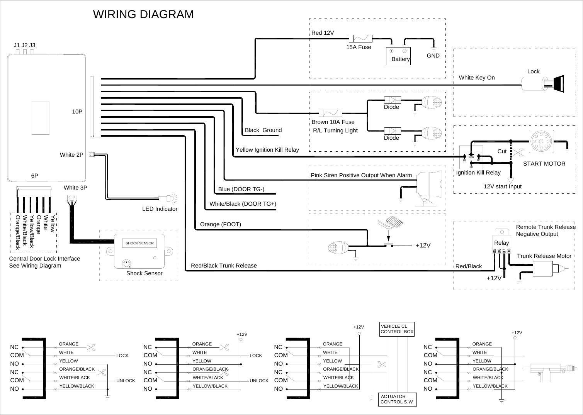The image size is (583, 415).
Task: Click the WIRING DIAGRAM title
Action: click(143, 14)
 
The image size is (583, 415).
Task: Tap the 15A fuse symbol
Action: click(360, 38)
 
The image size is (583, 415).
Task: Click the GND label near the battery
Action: click(433, 56)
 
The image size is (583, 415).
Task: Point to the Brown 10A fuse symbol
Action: click(330, 113)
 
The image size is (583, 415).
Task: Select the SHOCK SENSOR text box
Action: click(139, 243)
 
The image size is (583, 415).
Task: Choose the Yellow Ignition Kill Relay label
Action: click(267, 150)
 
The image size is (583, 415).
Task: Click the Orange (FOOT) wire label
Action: click(220, 224)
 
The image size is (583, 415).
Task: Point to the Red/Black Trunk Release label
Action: click(224, 266)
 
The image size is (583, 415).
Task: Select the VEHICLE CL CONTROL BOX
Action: click(397, 329)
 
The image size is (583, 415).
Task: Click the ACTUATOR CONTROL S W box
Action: click(397, 399)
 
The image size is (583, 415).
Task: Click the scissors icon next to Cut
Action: click(520, 151)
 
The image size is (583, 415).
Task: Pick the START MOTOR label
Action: click(544, 164)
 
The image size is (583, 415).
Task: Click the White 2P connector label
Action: click(71, 155)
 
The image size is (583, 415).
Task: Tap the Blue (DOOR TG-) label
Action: click(241, 189)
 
